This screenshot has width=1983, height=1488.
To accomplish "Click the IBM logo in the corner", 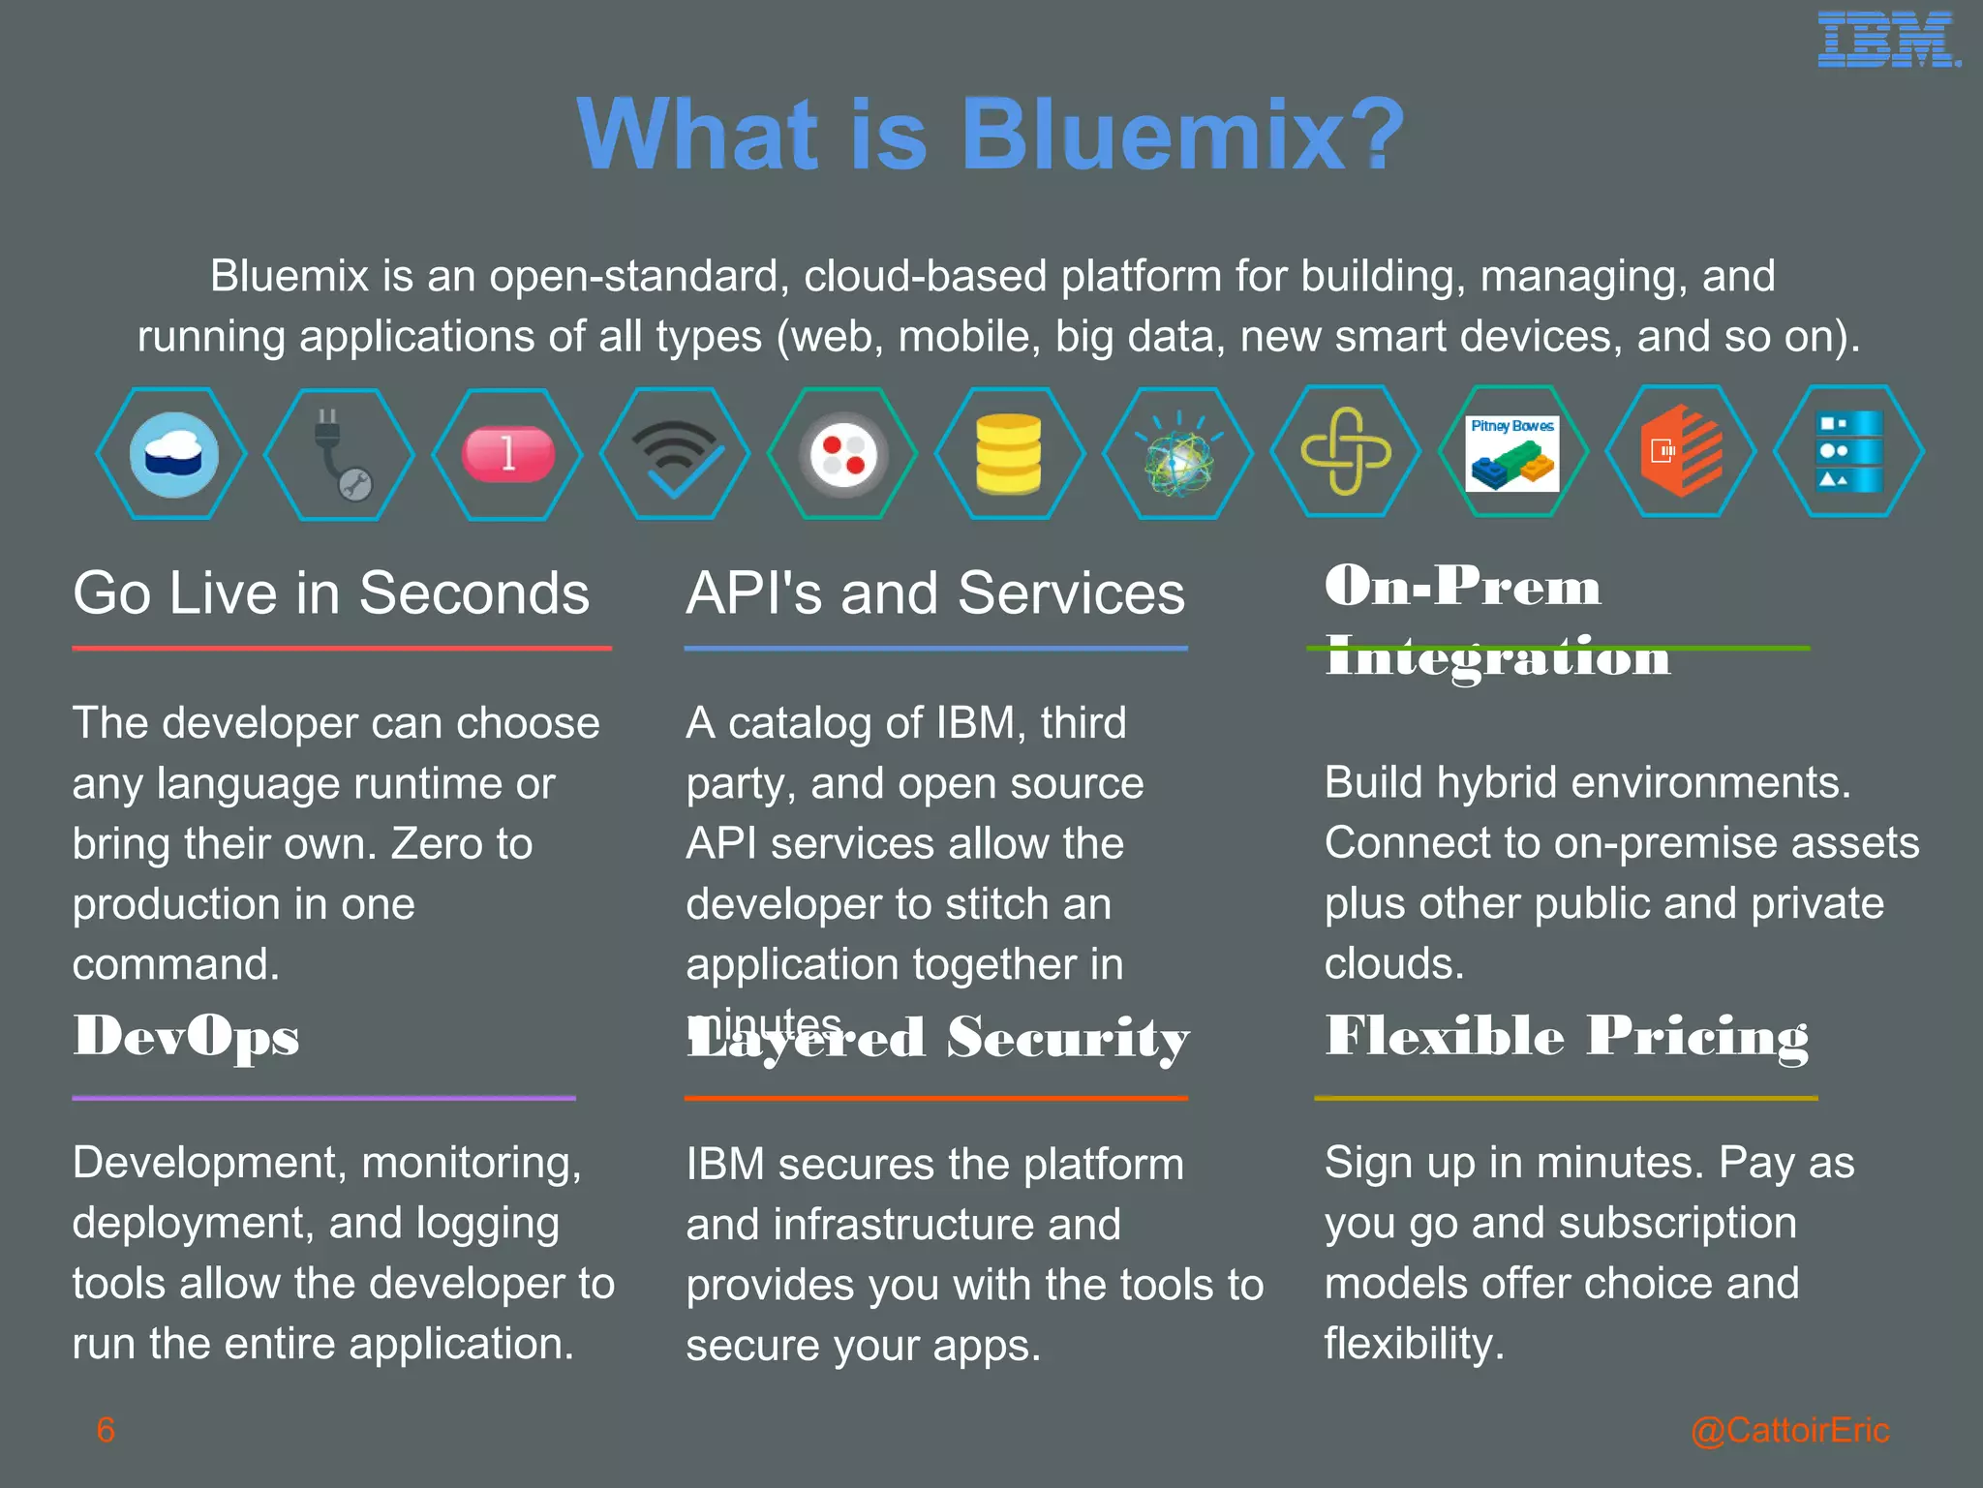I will point(1888,41).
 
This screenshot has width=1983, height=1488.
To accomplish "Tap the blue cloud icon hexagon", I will point(172,454).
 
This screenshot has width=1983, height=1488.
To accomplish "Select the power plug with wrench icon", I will point(339,454).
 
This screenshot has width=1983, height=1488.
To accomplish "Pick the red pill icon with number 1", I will point(507,453).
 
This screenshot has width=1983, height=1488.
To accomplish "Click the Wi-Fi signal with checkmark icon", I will point(676,453).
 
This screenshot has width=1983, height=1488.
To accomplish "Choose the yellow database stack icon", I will point(1009,453).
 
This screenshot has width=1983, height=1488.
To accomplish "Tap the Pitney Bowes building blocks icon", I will point(1512,452).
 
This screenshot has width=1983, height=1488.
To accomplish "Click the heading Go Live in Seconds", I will point(331,592).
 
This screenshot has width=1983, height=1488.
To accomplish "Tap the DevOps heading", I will point(186,1036).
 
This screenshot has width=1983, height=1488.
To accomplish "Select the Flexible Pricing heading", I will point(1567,1036).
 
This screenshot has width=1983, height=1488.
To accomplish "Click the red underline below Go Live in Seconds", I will point(342,648).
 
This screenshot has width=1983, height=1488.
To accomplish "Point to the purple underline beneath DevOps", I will point(323,1098).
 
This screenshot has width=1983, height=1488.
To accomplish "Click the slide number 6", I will point(106,1430).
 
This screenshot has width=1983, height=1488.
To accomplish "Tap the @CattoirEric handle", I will point(1789,1430).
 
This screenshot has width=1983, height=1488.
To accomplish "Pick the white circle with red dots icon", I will point(842,453).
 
